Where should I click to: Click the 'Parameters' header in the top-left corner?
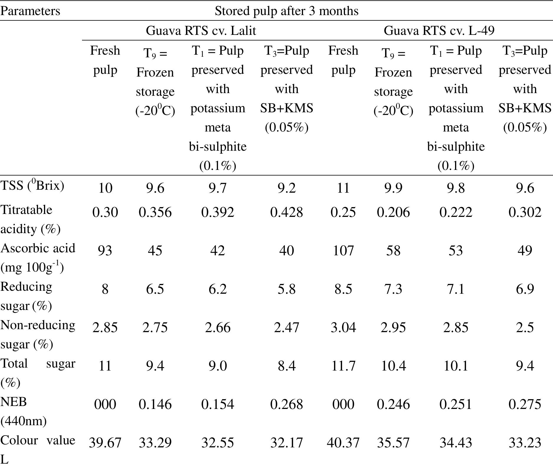(x=30, y=11)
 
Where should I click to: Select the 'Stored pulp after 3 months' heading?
(x=286, y=11)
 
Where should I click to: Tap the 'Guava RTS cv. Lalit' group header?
(x=201, y=31)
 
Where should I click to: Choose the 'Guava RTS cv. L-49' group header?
(x=439, y=31)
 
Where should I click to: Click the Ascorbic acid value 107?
(x=343, y=251)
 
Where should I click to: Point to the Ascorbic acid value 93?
(x=105, y=251)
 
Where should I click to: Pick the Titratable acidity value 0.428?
(x=286, y=212)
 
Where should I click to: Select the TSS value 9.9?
(x=393, y=188)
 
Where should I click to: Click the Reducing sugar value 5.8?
(x=286, y=289)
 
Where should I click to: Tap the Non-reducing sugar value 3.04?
(x=343, y=327)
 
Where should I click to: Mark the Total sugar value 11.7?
(x=343, y=366)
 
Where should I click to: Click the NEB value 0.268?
(x=286, y=404)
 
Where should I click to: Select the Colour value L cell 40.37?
(x=343, y=443)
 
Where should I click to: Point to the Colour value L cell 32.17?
(x=286, y=443)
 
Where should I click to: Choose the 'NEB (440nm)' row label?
(x=23, y=411)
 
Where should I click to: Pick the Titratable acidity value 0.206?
(x=393, y=212)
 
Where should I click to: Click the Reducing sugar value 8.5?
(x=343, y=289)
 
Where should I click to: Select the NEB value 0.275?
(x=524, y=404)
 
